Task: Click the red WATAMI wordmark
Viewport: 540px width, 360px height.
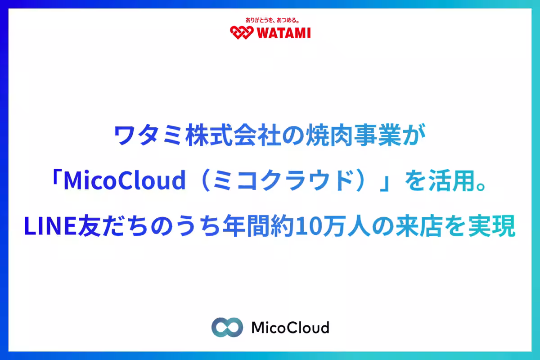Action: [284, 33]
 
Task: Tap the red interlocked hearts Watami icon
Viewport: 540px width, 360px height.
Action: [242, 32]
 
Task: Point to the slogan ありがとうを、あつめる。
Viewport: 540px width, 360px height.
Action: [272, 20]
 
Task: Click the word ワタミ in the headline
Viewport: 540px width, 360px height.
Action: [148, 135]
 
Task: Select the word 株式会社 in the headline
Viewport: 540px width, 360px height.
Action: [233, 135]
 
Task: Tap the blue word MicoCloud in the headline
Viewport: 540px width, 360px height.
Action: [125, 180]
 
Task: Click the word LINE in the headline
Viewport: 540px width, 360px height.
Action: [50, 226]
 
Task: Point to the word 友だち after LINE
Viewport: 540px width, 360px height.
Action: [113, 226]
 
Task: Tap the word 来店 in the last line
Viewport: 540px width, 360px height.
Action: [420, 226]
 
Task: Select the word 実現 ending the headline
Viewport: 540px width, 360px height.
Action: [492, 226]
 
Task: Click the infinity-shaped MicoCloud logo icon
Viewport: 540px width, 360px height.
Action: [227, 327]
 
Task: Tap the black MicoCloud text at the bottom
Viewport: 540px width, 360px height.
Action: [290, 327]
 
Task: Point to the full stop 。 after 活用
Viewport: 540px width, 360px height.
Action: [482, 187]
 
